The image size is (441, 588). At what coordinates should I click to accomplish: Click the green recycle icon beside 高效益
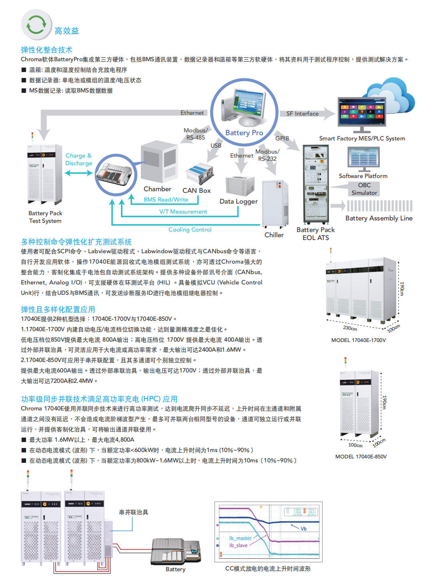[36, 25]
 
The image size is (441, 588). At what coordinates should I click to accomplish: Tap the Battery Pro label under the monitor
[244, 133]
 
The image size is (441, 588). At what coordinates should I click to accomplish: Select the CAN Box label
[196, 190]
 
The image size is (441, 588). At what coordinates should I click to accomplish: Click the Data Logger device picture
[240, 185]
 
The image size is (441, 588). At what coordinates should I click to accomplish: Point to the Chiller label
[274, 235]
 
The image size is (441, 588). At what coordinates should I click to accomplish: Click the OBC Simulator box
[364, 189]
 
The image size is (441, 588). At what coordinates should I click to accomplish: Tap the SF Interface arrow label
[303, 114]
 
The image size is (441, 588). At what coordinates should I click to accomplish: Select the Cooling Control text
[190, 230]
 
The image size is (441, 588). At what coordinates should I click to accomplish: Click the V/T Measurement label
[183, 212]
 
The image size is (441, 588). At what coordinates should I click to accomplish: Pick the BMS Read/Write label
[166, 200]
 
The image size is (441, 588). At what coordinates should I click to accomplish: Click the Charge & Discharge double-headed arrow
[78, 173]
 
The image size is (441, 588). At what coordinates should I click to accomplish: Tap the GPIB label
[282, 138]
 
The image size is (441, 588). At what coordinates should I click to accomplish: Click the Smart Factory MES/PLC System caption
[362, 138]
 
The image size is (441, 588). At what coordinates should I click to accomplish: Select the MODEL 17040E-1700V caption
[359, 340]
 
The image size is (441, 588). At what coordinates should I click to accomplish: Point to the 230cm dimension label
[350, 328]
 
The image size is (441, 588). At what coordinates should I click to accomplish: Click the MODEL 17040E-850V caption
[361, 456]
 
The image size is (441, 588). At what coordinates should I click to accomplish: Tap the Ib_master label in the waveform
[240, 538]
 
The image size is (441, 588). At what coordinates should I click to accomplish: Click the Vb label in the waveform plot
[304, 529]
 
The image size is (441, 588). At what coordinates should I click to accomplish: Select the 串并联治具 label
[134, 512]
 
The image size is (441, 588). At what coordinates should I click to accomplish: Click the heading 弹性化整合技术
[46, 50]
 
